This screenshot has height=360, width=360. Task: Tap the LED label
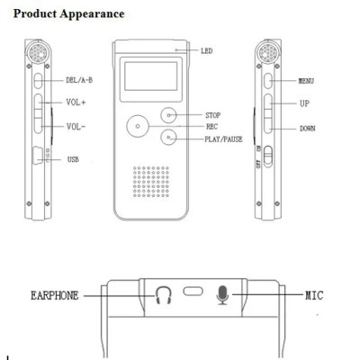[206, 51]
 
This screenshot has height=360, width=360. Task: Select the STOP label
[213, 115]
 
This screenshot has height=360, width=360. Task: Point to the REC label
[211, 127]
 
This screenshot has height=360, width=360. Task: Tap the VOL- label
[76, 127]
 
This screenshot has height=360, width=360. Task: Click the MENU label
[307, 80]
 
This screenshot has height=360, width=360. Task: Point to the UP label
[304, 103]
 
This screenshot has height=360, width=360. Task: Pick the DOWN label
[308, 129]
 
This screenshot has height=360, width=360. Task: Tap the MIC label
[313, 293]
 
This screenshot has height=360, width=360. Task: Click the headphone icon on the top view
[163, 294]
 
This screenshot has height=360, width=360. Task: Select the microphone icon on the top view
[223, 294]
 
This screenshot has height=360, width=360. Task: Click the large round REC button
[137, 126]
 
